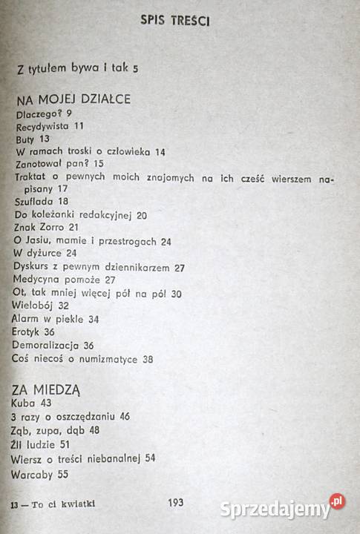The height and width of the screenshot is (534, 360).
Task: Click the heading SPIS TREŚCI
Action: tap(176, 22)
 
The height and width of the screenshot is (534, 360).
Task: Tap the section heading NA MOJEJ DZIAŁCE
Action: tap(73, 99)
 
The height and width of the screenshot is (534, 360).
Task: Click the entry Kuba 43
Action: tap(30, 403)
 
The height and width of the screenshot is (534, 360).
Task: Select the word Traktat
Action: tap(33, 177)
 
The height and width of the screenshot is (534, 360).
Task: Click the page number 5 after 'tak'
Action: tap(135, 70)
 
